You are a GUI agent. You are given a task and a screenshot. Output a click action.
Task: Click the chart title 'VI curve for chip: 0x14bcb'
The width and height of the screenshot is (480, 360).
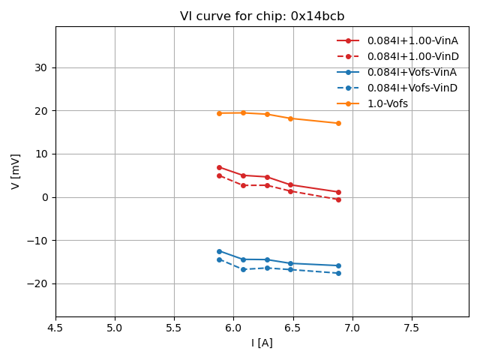tap(262, 16)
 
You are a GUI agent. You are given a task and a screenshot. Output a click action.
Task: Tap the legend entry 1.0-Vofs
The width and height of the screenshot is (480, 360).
tap(388, 103)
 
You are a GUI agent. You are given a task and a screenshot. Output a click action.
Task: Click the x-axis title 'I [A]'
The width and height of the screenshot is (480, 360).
tap(262, 343)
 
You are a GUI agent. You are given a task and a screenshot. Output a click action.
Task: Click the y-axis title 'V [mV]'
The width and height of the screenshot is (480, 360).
tap(16, 172)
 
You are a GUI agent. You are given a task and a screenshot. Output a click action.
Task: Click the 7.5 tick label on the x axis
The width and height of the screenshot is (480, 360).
tap(412, 328)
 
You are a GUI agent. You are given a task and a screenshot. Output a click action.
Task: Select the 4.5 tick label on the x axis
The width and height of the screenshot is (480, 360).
tap(55, 328)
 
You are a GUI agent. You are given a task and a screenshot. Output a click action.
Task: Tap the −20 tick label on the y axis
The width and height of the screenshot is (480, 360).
tap(36, 283)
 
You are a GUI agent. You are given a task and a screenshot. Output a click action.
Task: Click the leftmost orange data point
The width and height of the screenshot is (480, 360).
tap(219, 113)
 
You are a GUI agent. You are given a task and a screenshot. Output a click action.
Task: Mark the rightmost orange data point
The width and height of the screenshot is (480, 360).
tap(338, 123)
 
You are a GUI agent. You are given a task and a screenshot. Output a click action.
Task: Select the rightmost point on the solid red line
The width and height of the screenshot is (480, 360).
tap(338, 192)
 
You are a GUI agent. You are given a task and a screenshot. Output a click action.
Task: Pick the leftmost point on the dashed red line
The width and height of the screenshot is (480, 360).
tap(219, 175)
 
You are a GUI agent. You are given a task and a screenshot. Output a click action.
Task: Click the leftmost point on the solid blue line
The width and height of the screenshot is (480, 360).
tap(219, 251)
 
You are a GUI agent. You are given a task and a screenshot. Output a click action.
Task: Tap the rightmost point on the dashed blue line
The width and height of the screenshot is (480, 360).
tap(338, 273)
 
